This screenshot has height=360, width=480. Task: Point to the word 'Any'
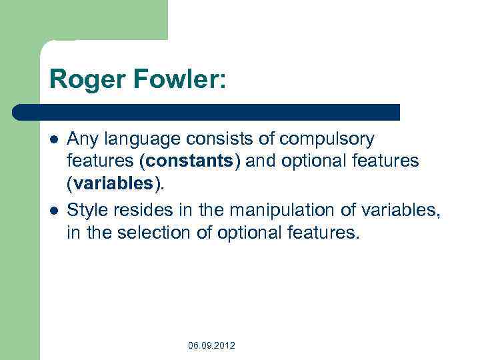(x=82, y=139)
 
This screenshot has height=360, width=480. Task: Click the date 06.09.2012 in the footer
(x=211, y=345)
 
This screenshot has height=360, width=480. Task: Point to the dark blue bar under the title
(x=207, y=111)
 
